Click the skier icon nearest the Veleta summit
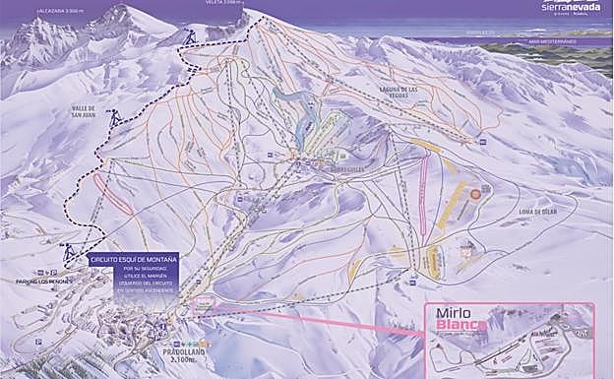coord(191,38)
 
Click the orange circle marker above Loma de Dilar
coord(475,194)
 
